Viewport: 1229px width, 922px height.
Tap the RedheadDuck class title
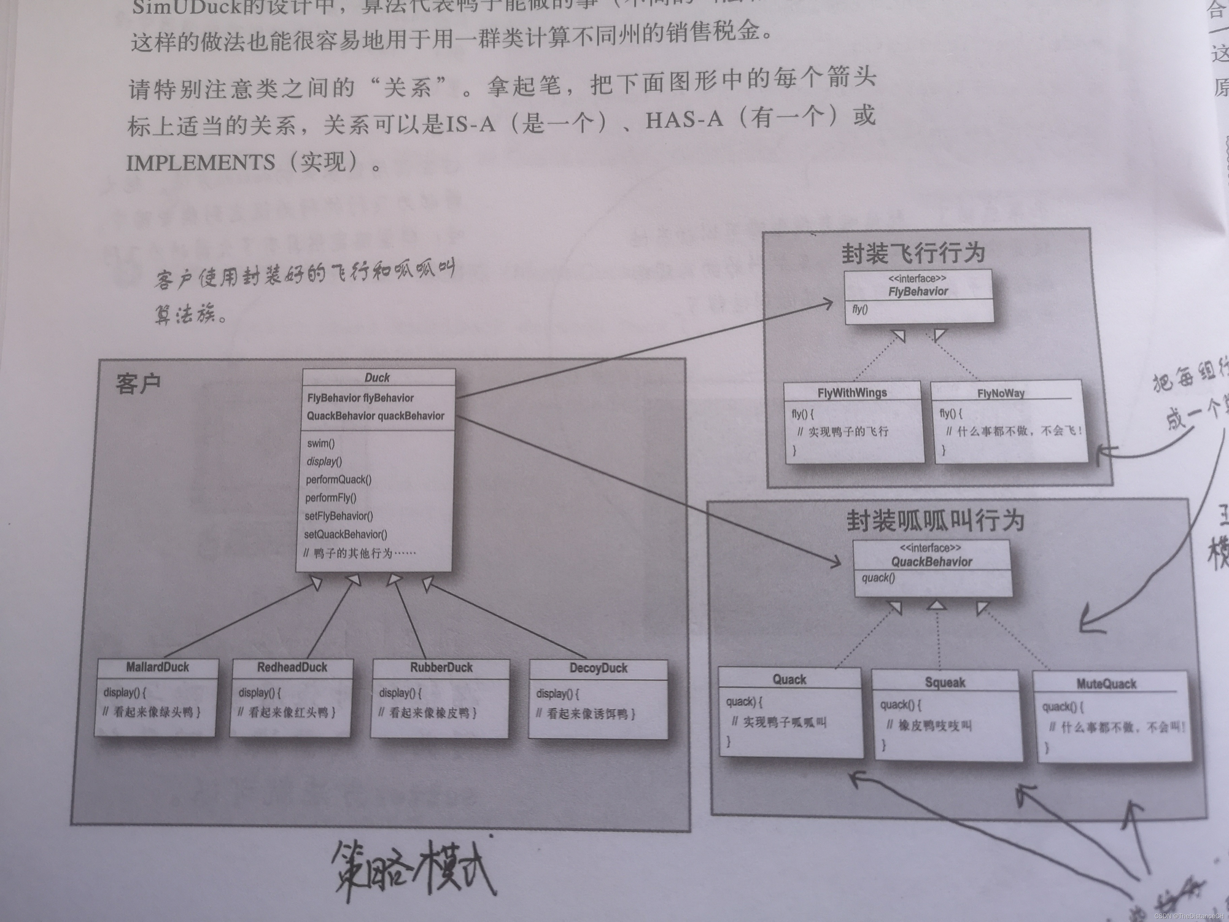click(x=292, y=668)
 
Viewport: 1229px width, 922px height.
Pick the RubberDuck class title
click(x=441, y=668)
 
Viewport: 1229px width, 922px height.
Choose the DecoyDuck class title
click(x=598, y=669)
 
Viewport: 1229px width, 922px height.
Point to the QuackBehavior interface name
click(x=932, y=562)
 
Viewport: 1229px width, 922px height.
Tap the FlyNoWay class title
click(x=1001, y=394)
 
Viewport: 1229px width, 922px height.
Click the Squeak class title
click(x=945, y=682)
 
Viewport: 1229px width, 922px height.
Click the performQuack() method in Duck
click(x=338, y=480)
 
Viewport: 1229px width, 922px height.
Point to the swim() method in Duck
click(x=321, y=443)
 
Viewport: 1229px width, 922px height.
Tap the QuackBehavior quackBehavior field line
click(x=376, y=416)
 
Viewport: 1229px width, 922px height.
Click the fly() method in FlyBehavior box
click(x=859, y=310)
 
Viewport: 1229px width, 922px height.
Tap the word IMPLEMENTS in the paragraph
click(x=200, y=163)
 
